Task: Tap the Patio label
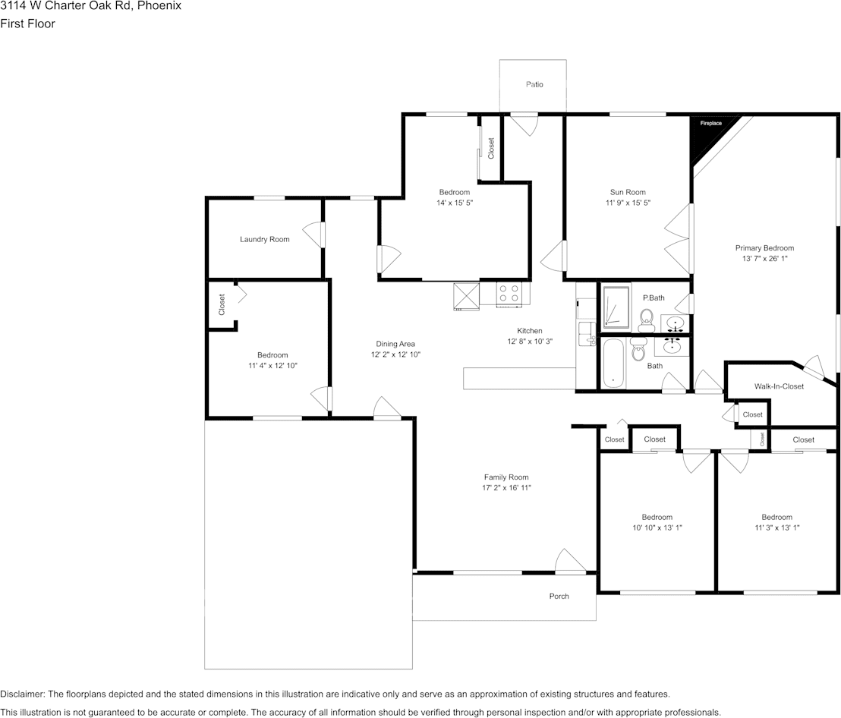534,84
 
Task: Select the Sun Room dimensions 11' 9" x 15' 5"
628,203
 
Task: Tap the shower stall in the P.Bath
615,306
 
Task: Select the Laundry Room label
264,239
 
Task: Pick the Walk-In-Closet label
779,386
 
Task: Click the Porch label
559,596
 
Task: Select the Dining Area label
395,344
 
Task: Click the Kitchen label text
530,331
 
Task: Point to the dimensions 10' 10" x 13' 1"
657,527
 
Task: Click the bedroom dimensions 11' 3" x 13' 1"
776,527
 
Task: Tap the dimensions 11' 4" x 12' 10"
272,366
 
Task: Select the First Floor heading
27,24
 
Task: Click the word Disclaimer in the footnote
22,694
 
